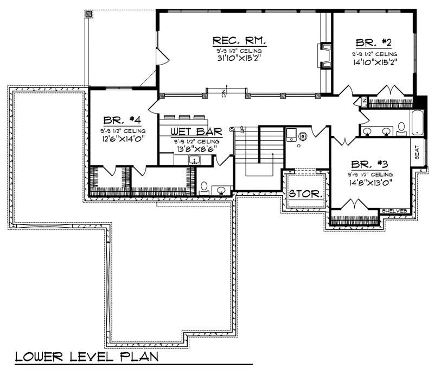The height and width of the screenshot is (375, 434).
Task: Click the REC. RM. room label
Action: click(239, 40)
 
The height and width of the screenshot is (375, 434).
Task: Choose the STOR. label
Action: click(305, 194)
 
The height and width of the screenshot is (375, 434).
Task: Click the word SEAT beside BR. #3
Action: click(417, 152)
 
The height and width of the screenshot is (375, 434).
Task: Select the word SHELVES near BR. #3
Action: click(394, 211)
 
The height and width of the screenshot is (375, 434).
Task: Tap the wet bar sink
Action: click(194, 159)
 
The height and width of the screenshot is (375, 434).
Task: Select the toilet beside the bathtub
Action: click(401, 128)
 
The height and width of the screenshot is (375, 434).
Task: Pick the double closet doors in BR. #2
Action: click(392, 90)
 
